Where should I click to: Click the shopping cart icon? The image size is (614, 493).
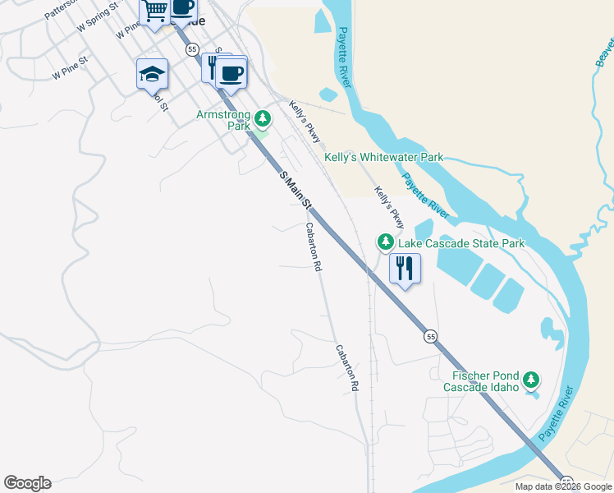point(154,11)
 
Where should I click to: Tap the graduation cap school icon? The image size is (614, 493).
point(152,74)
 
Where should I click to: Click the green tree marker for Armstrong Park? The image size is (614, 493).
point(262,119)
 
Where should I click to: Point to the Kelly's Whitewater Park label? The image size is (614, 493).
point(383,157)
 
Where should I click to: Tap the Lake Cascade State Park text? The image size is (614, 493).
point(461,243)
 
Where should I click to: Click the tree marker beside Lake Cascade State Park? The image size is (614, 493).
point(385,242)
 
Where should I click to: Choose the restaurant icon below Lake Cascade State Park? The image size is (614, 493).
point(405,268)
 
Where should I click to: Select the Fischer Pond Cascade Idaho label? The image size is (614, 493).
point(481,381)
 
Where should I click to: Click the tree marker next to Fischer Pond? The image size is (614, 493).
point(532,380)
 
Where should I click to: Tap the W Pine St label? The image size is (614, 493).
point(69,72)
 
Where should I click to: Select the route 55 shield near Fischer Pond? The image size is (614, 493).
point(430,336)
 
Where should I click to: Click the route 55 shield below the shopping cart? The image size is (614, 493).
point(192,50)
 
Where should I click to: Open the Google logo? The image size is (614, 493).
point(27,483)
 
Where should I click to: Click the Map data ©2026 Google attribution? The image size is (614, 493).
point(563,486)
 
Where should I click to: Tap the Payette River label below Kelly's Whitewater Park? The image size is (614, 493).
point(425,196)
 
